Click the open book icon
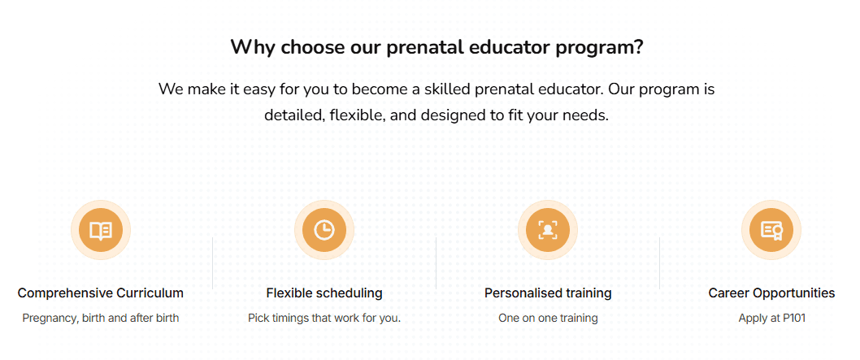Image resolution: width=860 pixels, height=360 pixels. point(101,230)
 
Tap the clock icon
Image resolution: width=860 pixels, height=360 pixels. point(324,230)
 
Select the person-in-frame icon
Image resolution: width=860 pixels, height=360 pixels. point(548,230)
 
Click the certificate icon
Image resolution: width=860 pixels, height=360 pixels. point(771,230)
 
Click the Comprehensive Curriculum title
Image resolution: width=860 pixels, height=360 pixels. point(101,293)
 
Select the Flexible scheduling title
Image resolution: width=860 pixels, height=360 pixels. point(324,293)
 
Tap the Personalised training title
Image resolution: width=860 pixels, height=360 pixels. point(548,293)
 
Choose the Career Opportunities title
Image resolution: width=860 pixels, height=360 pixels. point(771,293)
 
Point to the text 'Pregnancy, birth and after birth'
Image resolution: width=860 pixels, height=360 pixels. point(101,318)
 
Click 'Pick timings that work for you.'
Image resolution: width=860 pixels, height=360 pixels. point(324,318)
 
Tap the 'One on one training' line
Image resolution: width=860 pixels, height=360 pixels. point(548,318)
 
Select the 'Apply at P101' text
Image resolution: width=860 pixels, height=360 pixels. point(771,318)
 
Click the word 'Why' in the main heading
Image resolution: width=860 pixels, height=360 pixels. point(252,47)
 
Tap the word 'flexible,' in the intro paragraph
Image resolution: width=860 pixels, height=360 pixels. point(358,115)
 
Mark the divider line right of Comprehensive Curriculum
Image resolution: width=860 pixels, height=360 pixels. point(213,262)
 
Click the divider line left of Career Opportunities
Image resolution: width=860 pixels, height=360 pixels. point(659,262)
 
